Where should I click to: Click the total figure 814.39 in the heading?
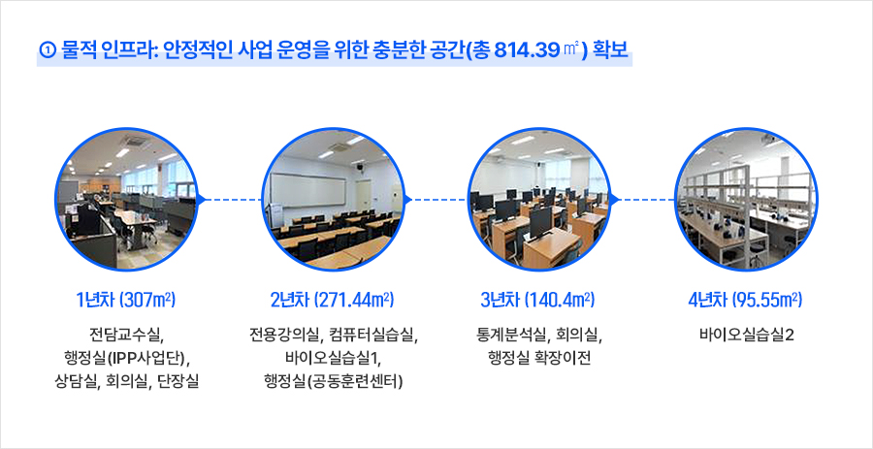click(526, 50)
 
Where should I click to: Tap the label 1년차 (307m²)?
click(126, 301)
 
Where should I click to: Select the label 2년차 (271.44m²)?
click(333, 301)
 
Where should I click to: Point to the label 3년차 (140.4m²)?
click(538, 301)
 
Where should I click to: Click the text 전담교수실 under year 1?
click(126, 336)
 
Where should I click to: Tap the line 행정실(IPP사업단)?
click(126, 358)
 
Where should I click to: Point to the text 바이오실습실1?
click(333, 358)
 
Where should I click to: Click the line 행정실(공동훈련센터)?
click(333, 382)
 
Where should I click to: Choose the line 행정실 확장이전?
click(538, 358)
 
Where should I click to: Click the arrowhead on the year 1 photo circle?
click(202, 199)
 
